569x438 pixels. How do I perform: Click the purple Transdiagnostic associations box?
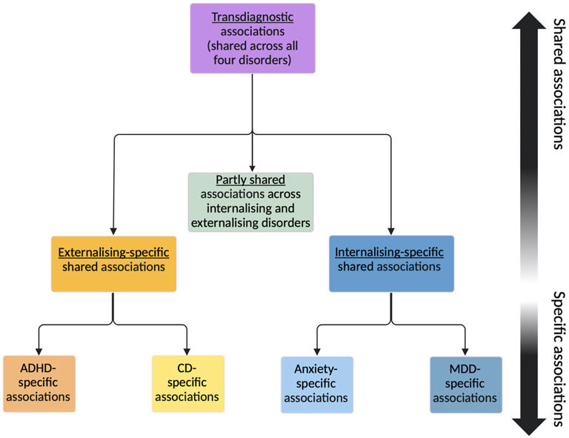click(253, 39)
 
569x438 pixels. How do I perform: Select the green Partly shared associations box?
click(250, 202)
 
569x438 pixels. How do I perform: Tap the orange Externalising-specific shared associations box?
click(113, 264)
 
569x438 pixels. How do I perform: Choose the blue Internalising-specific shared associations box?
click(391, 264)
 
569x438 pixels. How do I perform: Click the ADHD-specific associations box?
click(39, 384)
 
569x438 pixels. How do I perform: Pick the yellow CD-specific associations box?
click(188, 384)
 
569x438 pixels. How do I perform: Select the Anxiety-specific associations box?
click(317, 385)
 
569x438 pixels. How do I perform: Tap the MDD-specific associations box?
click(466, 385)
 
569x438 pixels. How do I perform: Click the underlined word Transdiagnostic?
click(253, 17)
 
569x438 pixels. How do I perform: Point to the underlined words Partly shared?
click(250, 179)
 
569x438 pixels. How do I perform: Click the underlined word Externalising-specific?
click(113, 252)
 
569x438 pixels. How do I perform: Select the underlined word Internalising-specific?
click(389, 252)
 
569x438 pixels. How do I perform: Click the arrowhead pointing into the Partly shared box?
click(252, 169)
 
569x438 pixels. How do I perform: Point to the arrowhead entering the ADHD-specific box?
click(39, 351)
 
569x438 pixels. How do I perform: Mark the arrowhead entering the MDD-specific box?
click(465, 351)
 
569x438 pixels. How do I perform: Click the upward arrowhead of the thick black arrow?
click(529, 21)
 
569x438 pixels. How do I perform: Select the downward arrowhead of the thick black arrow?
click(529, 427)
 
